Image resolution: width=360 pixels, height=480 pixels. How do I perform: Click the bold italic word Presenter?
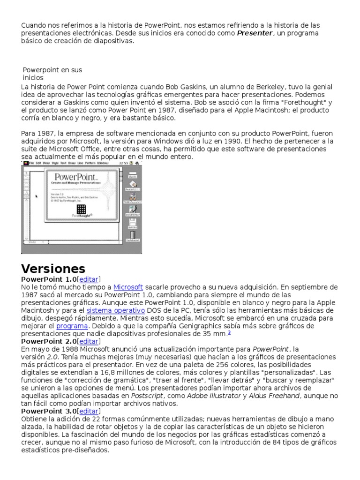tap(255, 33)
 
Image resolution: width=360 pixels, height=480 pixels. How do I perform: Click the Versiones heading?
tap(53, 269)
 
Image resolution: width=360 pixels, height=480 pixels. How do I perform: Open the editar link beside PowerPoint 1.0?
tap(89, 279)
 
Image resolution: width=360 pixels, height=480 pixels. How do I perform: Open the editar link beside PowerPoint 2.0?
tap(89, 341)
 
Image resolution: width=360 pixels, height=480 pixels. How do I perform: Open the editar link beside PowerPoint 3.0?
tap(89, 411)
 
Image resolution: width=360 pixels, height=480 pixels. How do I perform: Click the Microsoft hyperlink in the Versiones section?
tap(128, 287)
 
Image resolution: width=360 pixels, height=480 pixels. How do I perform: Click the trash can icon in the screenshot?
tap(133, 235)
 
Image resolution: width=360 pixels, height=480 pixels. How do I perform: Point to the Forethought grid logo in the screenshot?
tap(81, 209)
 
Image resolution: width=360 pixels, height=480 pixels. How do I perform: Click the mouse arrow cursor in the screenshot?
tap(37, 196)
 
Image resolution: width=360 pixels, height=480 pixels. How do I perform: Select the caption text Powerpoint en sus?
tap(52, 70)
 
